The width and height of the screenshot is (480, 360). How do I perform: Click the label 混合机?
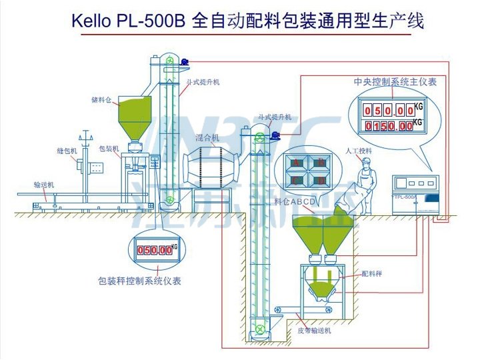click(x=207, y=139)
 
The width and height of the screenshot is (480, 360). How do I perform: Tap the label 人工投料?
click(x=358, y=151)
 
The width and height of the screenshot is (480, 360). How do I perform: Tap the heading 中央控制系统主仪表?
click(x=395, y=82)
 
